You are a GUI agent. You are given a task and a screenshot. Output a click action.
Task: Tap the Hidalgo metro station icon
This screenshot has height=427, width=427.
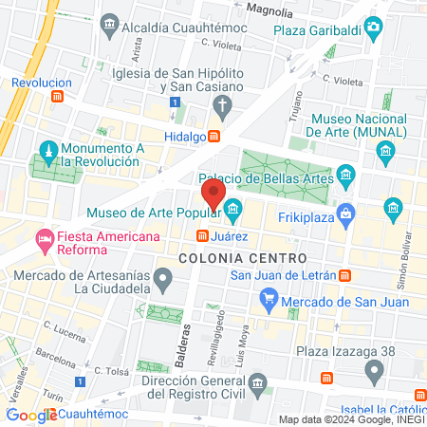pyautogui.click(x=215, y=136)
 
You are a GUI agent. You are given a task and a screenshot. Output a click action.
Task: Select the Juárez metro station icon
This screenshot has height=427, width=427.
pyautogui.click(x=202, y=235)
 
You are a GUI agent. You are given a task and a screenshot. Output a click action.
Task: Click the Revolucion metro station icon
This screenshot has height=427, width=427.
pyautogui.click(x=58, y=96)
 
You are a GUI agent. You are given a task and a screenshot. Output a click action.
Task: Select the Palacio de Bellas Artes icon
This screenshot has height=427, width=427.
pyautogui.click(x=346, y=176)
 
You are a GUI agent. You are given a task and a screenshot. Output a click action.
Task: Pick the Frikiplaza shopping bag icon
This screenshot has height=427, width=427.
pyautogui.click(x=346, y=212)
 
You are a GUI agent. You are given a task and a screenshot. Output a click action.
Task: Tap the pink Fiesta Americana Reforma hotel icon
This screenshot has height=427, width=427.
pyautogui.click(x=44, y=237)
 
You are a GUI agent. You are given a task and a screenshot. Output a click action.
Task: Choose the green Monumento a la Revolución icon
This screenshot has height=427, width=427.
pyautogui.click(x=47, y=151)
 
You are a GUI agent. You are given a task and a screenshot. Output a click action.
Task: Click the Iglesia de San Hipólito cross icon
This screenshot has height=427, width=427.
pyautogui.click(x=222, y=103)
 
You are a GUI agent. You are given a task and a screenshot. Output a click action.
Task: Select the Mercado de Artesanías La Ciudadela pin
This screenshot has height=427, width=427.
pyautogui.click(x=163, y=279)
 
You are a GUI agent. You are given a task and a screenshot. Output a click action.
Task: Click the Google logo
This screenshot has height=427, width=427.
pyautogui.click(x=31, y=415)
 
